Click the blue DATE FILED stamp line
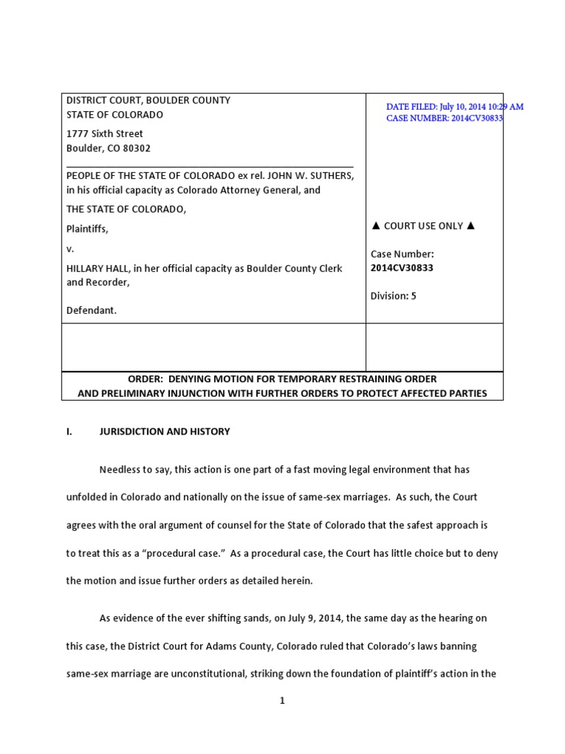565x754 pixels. (x=455, y=107)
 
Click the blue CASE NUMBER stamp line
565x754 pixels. (x=444, y=118)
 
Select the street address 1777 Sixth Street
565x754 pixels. (x=104, y=134)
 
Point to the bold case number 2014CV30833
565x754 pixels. (x=402, y=268)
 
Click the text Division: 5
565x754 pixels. (x=393, y=296)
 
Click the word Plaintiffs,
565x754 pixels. (x=87, y=229)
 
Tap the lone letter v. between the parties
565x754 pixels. (x=70, y=249)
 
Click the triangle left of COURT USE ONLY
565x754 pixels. (x=376, y=226)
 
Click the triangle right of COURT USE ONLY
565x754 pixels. (x=471, y=226)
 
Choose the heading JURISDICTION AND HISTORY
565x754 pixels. (x=164, y=431)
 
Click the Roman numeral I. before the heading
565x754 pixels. (x=70, y=431)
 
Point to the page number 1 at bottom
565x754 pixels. (x=282, y=701)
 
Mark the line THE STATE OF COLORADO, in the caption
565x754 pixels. (x=126, y=209)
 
